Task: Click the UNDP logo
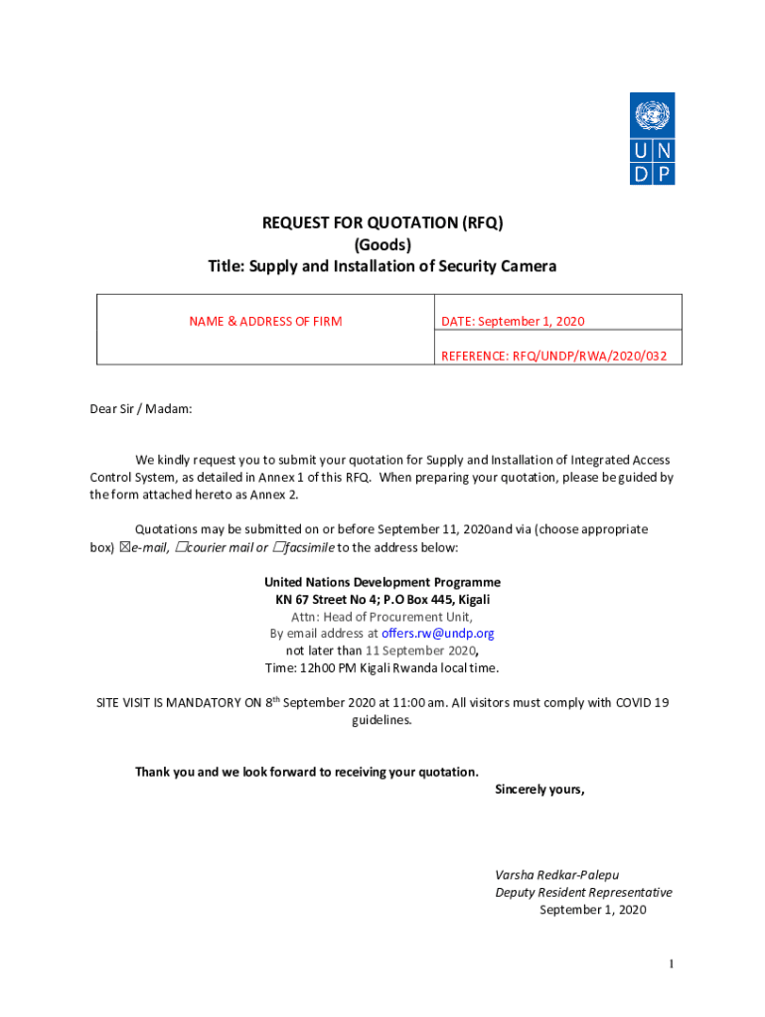click(x=652, y=138)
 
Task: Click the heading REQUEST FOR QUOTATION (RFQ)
click(x=382, y=223)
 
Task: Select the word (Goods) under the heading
click(x=382, y=244)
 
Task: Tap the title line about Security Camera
click(x=382, y=266)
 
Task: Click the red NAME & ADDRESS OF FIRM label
click(x=265, y=321)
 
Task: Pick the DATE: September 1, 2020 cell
click(x=513, y=321)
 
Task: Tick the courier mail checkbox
click(x=180, y=547)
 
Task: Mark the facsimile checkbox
click(x=277, y=547)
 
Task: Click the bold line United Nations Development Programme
click(x=382, y=582)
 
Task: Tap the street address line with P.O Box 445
click(x=382, y=600)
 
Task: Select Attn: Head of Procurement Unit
click(x=382, y=617)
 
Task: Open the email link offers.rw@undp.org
click(x=438, y=634)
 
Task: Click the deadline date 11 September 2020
click(x=421, y=651)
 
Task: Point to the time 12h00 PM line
click(x=382, y=667)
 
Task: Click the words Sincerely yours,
click(x=539, y=790)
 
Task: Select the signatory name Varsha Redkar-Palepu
click(x=557, y=875)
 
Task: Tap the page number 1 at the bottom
click(x=673, y=964)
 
